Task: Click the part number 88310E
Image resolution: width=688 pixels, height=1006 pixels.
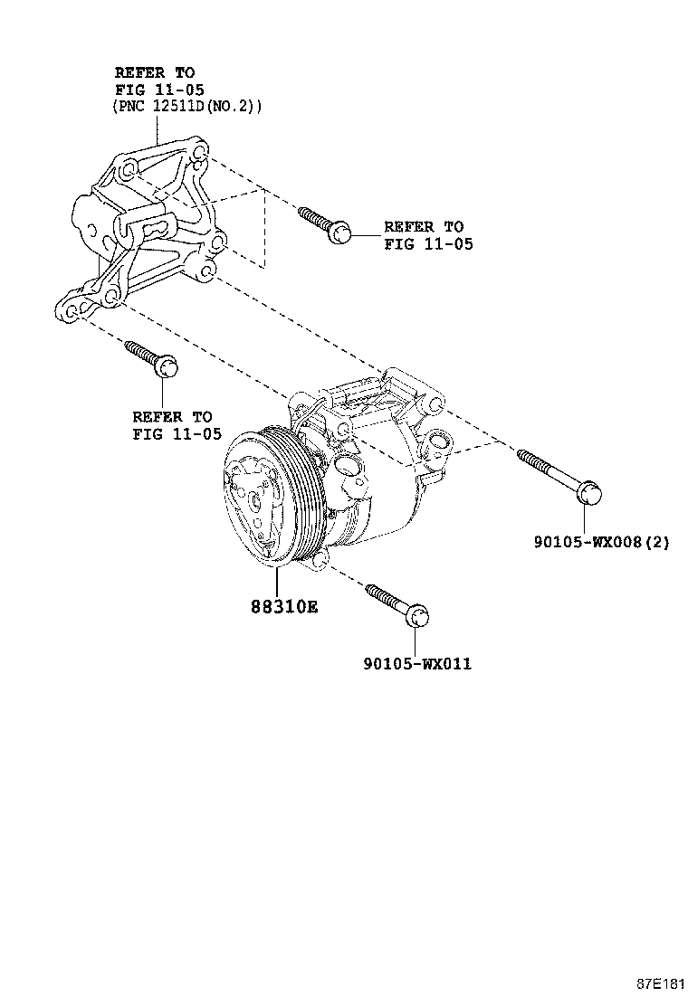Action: coord(284,608)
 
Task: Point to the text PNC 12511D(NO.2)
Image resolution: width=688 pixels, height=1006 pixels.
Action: coord(187,107)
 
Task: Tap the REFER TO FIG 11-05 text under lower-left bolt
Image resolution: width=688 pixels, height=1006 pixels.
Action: coord(175,425)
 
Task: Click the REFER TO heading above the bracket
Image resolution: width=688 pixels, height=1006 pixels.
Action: coord(155,71)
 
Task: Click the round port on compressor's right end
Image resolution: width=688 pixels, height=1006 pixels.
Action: coord(440,442)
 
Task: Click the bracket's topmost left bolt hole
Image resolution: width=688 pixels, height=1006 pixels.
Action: coord(128,169)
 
